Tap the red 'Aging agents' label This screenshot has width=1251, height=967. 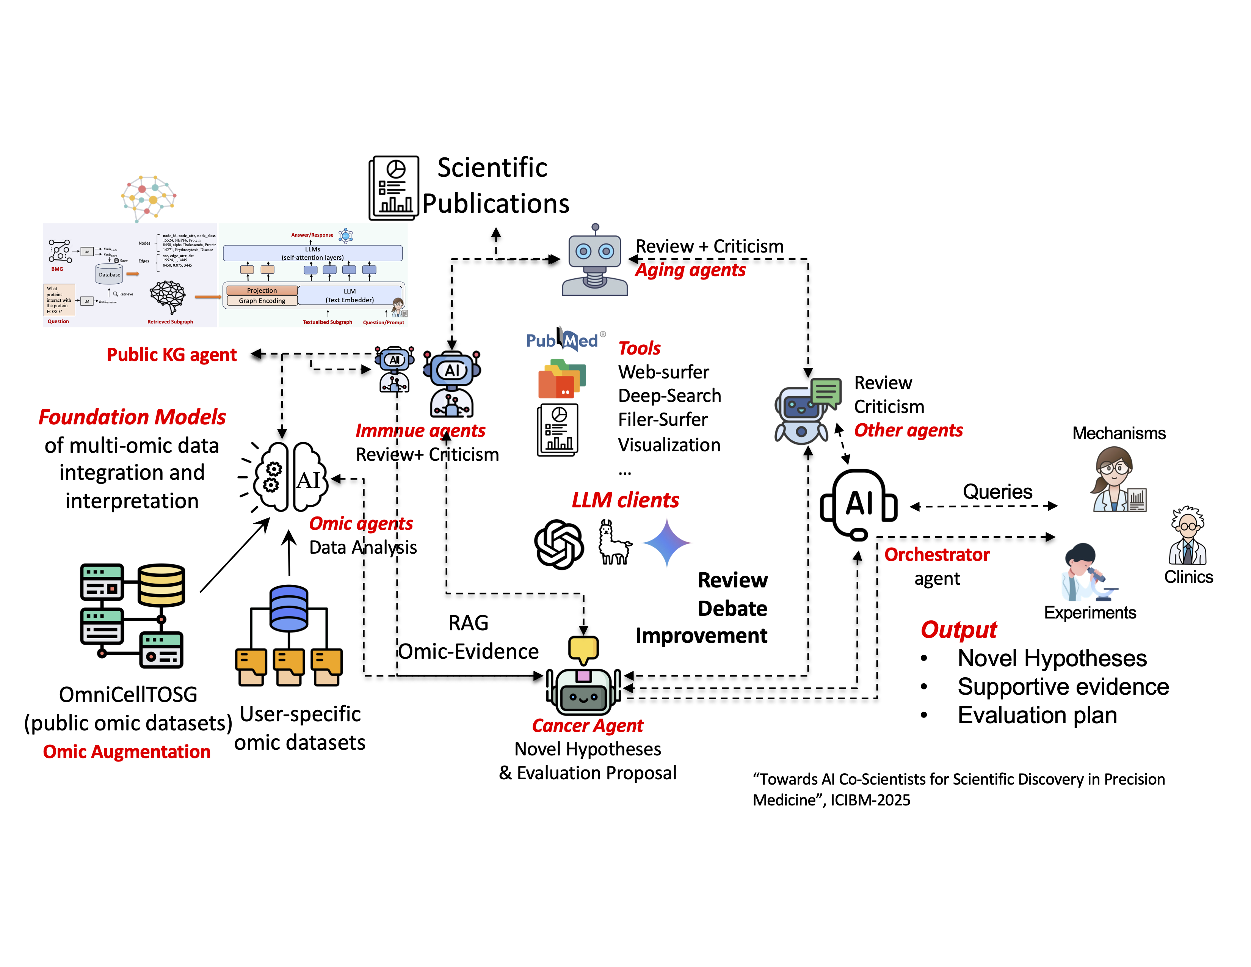690,270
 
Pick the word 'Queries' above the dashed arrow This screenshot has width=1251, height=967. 997,491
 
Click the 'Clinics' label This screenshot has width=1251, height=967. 1188,577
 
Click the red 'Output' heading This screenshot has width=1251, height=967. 958,629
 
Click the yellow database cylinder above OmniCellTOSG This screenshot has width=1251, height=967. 161,585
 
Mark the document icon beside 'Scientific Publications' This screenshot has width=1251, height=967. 394,188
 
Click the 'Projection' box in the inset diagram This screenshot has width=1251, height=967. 262,290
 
